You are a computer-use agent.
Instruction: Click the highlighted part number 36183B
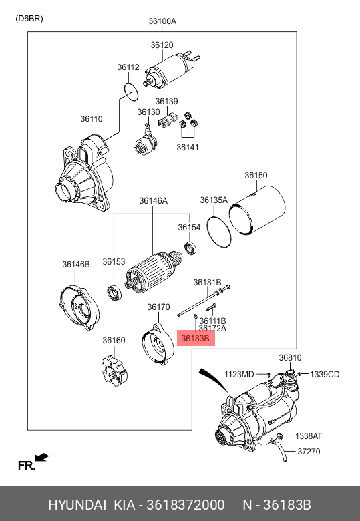(195, 338)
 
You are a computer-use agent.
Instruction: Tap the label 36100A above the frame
(162, 21)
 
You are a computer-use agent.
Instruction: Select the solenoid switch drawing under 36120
(172, 69)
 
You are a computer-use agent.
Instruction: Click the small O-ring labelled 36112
(130, 92)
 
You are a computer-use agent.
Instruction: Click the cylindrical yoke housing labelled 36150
(257, 211)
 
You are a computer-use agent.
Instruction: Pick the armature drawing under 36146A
(153, 273)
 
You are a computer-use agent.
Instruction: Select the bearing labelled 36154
(190, 249)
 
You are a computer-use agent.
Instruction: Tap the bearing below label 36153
(114, 294)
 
